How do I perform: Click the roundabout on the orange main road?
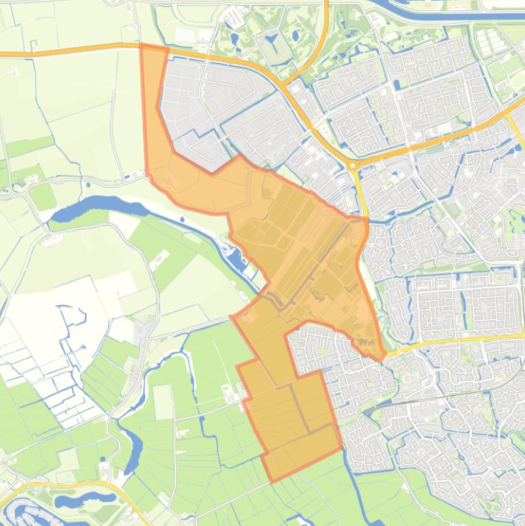[352, 165]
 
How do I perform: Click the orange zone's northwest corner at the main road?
[142, 46]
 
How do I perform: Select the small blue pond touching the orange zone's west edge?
[236, 258]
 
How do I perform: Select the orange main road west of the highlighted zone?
[68, 51]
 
